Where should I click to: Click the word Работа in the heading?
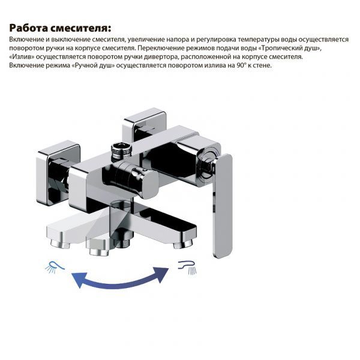(28, 28)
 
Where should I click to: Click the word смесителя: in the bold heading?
(80, 28)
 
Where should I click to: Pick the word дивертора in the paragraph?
(160, 57)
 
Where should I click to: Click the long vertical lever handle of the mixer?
(222, 206)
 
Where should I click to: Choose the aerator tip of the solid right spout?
(182, 245)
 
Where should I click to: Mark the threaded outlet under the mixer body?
(123, 242)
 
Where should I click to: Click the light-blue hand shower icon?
(55, 267)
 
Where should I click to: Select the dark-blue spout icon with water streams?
(188, 267)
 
